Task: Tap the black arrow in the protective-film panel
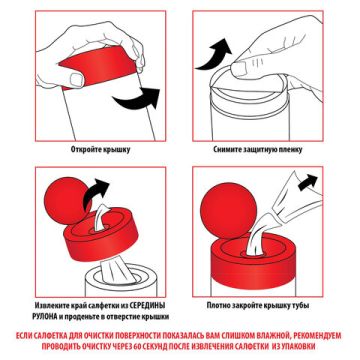click(x=213, y=55)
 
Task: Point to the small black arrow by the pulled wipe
click(x=308, y=182)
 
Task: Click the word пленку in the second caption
click(x=291, y=150)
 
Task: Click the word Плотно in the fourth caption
click(x=218, y=305)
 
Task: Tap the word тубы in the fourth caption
click(x=301, y=305)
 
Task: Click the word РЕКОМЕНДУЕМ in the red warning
click(x=316, y=335)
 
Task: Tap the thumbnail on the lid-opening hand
click(x=76, y=79)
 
